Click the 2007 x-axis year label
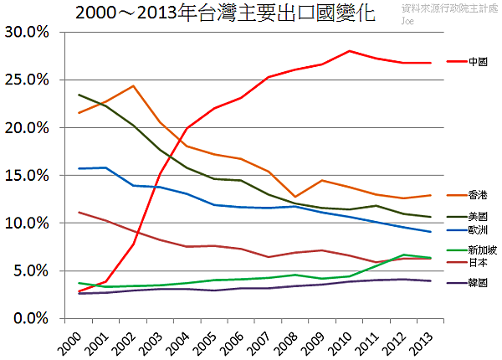[262, 341]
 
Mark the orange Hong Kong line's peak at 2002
[134, 85]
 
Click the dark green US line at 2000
[79, 95]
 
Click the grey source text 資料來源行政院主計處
[449, 7]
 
